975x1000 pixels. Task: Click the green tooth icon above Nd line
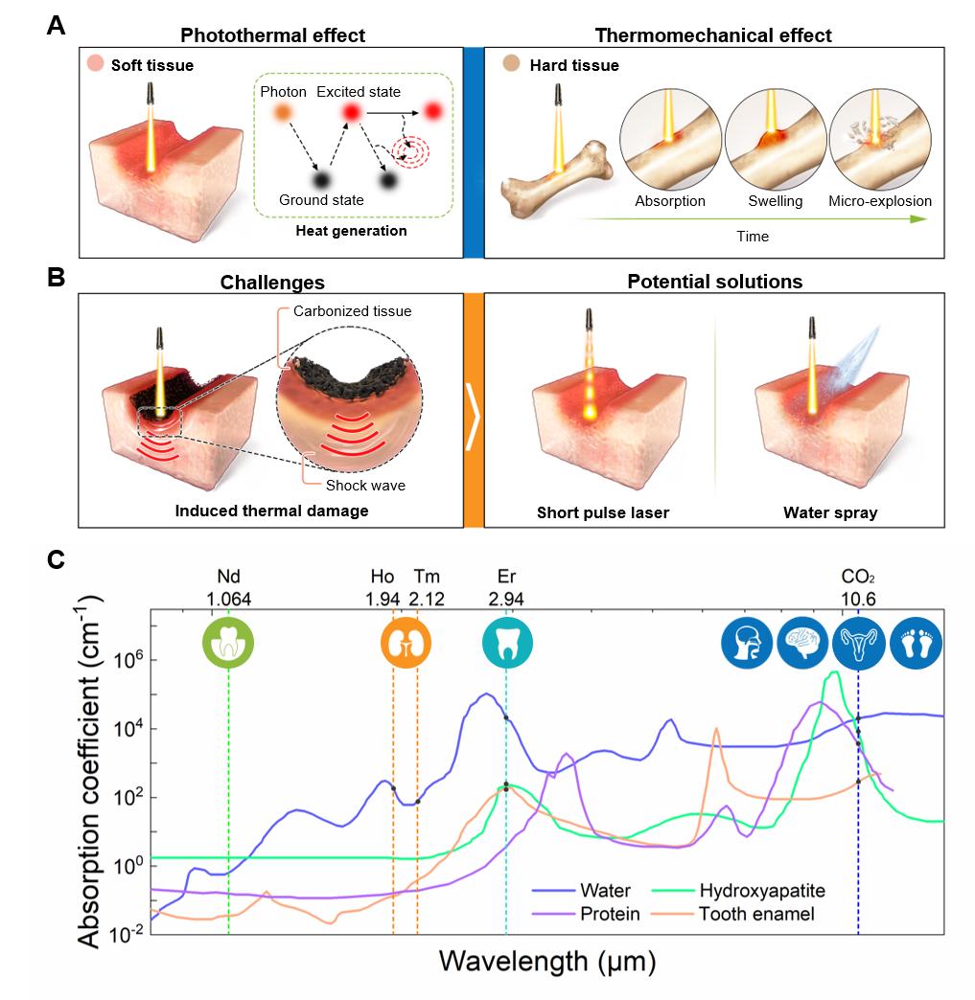click(x=228, y=642)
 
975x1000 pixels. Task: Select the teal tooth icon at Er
click(x=505, y=642)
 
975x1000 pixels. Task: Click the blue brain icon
click(x=802, y=643)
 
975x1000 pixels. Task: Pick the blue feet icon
click(x=916, y=643)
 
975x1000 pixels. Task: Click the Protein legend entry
click(x=610, y=914)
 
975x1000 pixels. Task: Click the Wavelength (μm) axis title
click(x=547, y=959)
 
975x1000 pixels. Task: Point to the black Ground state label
click(x=320, y=200)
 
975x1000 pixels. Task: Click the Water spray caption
click(x=829, y=512)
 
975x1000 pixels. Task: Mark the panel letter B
click(x=57, y=279)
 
